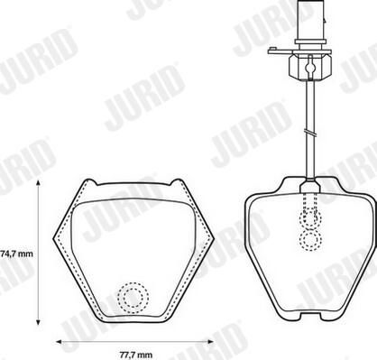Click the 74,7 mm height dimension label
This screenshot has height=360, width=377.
tap(16, 254)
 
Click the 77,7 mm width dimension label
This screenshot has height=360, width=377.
tap(136, 355)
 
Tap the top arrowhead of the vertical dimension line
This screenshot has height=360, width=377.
tap(38, 183)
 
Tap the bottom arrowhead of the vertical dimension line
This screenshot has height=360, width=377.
tap(38, 321)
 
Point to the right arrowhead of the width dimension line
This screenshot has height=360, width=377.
tap(210, 342)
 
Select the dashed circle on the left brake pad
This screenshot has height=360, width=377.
tap(133, 298)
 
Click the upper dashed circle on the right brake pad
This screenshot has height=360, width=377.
tap(310, 217)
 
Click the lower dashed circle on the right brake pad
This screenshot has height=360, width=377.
tap(310, 240)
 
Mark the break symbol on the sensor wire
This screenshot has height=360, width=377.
tap(310, 133)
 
